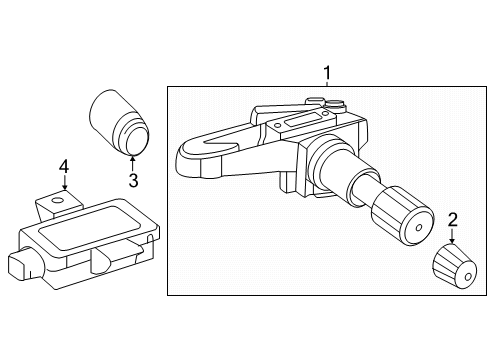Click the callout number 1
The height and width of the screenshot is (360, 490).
[x=327, y=73]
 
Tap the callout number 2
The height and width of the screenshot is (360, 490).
[x=453, y=220]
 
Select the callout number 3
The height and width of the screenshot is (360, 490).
[x=133, y=180]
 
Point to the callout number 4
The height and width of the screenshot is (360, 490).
[x=64, y=166]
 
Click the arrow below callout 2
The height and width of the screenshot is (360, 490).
[x=452, y=236]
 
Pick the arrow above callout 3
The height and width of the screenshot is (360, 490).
[x=133, y=163]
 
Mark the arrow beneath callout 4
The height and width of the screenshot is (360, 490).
[x=64, y=182]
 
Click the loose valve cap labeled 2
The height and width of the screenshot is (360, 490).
[x=454, y=266]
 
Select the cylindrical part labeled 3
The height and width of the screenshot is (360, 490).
[x=119, y=122]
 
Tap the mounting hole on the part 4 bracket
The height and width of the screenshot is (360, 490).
[x=58, y=200]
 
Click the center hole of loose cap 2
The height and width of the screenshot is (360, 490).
[x=468, y=277]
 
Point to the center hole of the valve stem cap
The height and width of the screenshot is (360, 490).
[x=419, y=228]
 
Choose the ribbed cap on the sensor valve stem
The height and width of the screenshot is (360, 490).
[x=403, y=217]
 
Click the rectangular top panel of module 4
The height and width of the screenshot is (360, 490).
[x=89, y=228]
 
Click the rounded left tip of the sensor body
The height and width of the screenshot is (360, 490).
[x=188, y=159]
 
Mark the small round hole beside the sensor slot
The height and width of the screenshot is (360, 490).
[x=276, y=125]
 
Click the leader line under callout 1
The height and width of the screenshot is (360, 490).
[x=327, y=83]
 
